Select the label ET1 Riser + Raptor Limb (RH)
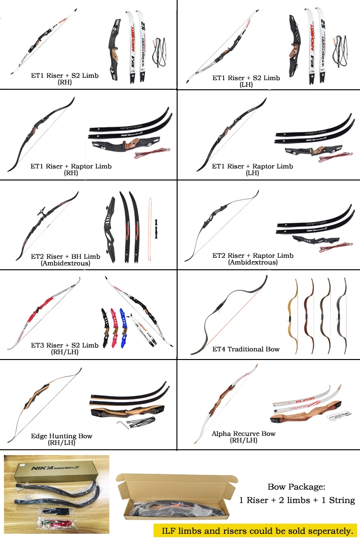(x=71, y=166)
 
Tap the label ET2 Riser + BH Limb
(x=65, y=256)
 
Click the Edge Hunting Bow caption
(x=61, y=436)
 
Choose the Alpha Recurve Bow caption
(x=244, y=433)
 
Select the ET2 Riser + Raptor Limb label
(x=253, y=256)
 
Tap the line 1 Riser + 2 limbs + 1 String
(x=297, y=500)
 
